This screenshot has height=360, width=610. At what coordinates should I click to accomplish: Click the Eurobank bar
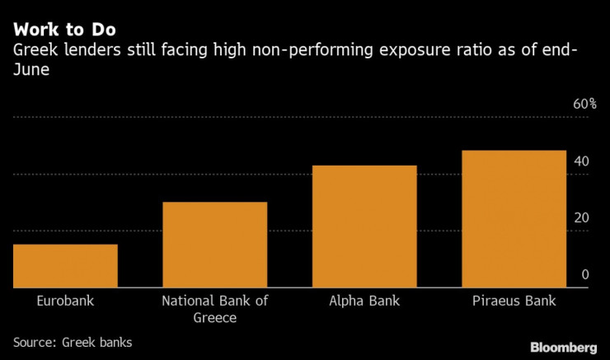point(65,266)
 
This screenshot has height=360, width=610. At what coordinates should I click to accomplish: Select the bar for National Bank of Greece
point(215,245)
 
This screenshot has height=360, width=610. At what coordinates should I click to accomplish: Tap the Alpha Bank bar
point(364,227)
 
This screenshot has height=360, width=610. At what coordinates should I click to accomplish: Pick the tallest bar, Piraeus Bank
point(514,219)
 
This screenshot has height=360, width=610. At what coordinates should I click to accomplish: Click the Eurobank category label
point(65,301)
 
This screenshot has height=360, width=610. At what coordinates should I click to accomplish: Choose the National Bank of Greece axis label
point(215,309)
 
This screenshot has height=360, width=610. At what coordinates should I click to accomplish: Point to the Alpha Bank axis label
point(364,301)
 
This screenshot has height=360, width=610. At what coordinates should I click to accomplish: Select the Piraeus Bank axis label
point(514,301)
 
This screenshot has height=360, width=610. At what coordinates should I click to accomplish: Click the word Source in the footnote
point(34,342)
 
